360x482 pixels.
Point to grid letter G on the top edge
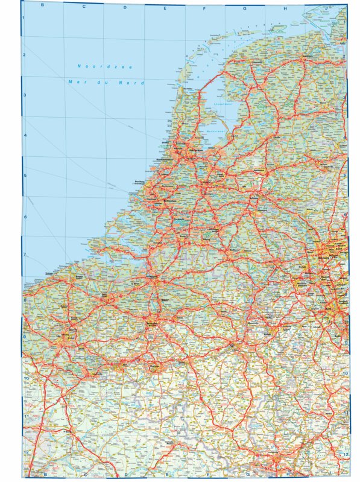(245, 8)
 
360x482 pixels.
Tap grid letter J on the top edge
(326, 8)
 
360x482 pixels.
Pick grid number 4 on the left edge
(24, 135)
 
